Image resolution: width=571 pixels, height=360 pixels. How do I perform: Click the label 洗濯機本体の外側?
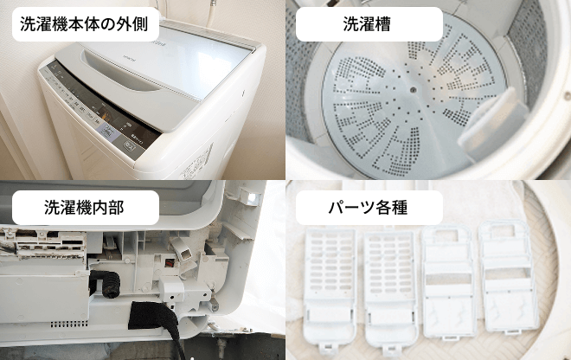[84, 24]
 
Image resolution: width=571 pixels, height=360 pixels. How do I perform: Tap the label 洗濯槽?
[367, 24]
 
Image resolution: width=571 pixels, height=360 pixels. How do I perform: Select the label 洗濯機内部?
[84, 208]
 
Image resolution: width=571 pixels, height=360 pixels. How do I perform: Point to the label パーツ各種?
[368, 208]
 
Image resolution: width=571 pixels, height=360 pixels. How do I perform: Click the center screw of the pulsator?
[413, 89]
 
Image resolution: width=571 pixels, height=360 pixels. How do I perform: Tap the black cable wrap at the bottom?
[153, 317]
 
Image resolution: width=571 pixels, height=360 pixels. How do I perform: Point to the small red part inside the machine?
[169, 263]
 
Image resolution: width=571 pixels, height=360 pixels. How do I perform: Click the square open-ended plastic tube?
[181, 251]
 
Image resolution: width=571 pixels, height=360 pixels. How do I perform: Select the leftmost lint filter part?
[330, 288]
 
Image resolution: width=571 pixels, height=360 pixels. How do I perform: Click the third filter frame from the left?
[449, 281]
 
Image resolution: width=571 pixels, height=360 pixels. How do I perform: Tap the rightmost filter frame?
[509, 278]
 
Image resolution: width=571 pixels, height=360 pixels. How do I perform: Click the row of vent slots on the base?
[69, 324]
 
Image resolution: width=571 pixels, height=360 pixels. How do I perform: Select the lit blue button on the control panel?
[108, 132]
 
